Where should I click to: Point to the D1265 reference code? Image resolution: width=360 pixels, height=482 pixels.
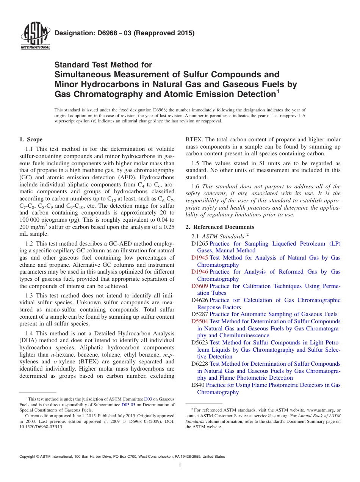(x=200, y=244)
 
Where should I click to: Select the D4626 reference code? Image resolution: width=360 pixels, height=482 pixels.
(x=200, y=300)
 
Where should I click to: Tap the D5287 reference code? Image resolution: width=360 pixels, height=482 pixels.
(x=200, y=314)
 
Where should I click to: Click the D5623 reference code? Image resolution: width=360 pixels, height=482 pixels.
(x=200, y=343)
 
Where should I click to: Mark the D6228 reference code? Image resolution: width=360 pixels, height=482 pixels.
(x=200, y=364)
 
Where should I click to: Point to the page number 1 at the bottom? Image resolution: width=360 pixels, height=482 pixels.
(x=180, y=466)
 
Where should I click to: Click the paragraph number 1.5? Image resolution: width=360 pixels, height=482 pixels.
(x=195, y=163)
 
